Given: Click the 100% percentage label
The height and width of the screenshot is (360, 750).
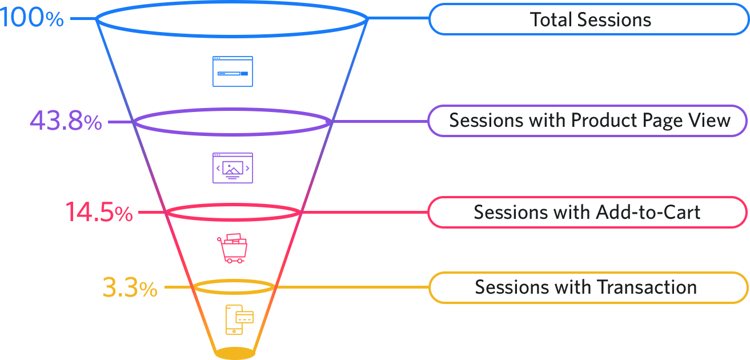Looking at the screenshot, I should [31, 18].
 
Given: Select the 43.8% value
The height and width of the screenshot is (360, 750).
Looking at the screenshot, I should [66, 122].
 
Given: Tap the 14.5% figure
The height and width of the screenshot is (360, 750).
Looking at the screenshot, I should [99, 213].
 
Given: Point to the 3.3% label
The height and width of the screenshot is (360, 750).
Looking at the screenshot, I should [130, 288].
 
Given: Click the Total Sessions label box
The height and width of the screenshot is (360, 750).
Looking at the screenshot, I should [588, 19].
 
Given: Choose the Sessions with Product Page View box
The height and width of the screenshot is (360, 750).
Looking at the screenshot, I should [588, 121].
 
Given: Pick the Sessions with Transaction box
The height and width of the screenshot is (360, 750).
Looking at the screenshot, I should [588, 287].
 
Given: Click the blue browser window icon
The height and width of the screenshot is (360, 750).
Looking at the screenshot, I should [232, 71].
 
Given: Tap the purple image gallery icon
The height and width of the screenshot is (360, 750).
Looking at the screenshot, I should [232, 167].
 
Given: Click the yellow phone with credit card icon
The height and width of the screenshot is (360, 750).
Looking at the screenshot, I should [239, 319].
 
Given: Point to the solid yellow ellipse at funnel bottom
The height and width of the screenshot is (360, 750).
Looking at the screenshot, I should [235, 353].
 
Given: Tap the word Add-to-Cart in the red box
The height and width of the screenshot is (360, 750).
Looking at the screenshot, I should [648, 212].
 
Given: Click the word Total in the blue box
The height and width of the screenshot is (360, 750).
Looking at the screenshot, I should [551, 19].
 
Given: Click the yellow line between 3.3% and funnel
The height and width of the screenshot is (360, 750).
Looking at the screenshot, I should [179, 287].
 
